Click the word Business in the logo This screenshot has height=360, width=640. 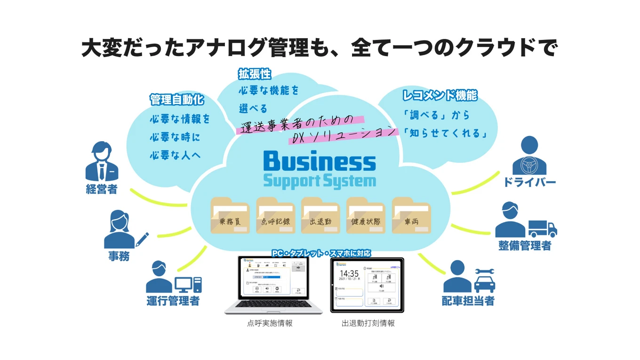[320, 161]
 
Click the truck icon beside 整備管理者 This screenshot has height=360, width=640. [543, 229]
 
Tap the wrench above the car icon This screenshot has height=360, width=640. [485, 272]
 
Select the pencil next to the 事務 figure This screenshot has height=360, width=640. [142, 239]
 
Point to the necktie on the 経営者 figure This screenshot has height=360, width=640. [102, 171]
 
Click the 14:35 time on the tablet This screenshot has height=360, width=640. [349, 273]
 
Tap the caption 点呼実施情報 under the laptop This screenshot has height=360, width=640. [270, 323]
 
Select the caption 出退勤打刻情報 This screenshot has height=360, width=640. [368, 323]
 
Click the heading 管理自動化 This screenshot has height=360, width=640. [176, 100]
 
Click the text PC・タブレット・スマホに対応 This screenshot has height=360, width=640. [321, 253]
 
